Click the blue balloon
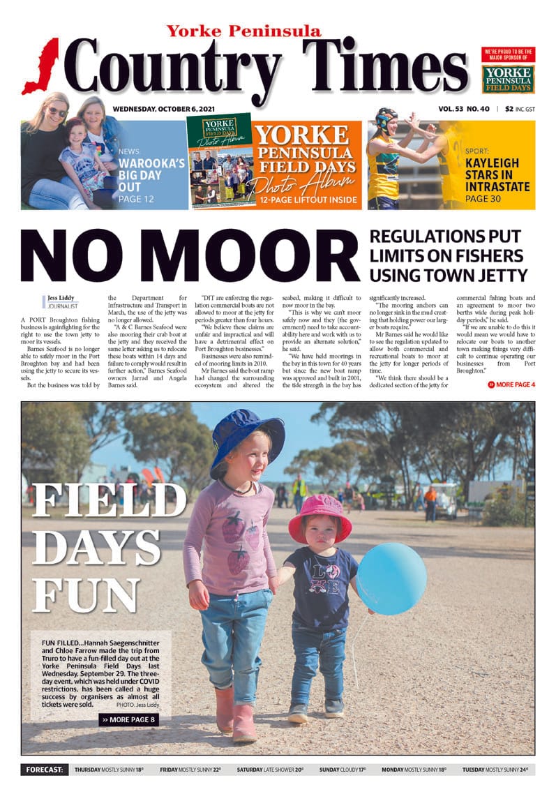pyautogui.click(x=391, y=577)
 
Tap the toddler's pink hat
pyautogui.click(x=320, y=516)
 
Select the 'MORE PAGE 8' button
pyautogui.click(x=128, y=719)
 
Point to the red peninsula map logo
pyautogui.click(x=41, y=66)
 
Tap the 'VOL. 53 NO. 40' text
pyautogui.click(x=463, y=109)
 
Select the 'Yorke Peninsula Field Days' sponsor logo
pyautogui.click(x=508, y=80)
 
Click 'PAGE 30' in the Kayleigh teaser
pyautogui.click(x=486, y=199)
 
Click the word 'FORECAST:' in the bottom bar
pyautogui.click(x=44, y=770)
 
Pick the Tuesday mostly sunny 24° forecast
pyautogui.click(x=495, y=770)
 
